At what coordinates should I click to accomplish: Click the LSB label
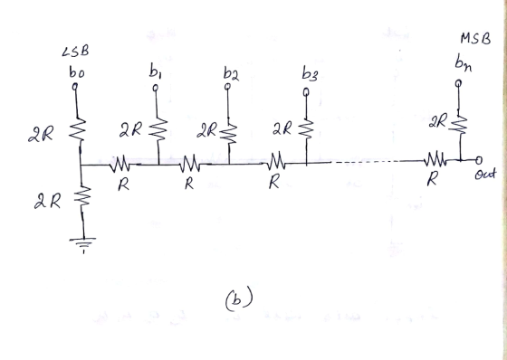tap(75, 52)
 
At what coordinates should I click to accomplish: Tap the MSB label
tap(475, 39)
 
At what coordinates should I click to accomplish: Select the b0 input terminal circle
tap(75, 86)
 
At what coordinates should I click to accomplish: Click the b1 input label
tap(156, 71)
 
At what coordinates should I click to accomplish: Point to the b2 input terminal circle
tap(227, 86)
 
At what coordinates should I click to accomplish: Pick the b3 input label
tap(310, 73)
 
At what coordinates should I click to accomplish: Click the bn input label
tap(463, 62)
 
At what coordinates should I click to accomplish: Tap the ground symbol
tap(82, 243)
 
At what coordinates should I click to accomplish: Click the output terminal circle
tap(479, 160)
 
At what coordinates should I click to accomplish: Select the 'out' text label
tap(485, 175)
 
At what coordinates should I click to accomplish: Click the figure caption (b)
tap(239, 299)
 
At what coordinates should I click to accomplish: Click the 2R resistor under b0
tap(78, 130)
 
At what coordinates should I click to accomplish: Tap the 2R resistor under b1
tap(158, 130)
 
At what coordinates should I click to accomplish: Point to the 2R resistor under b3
tap(306, 129)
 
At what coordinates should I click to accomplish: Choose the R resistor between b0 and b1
tap(120, 164)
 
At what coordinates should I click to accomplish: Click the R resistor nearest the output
tap(435, 159)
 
